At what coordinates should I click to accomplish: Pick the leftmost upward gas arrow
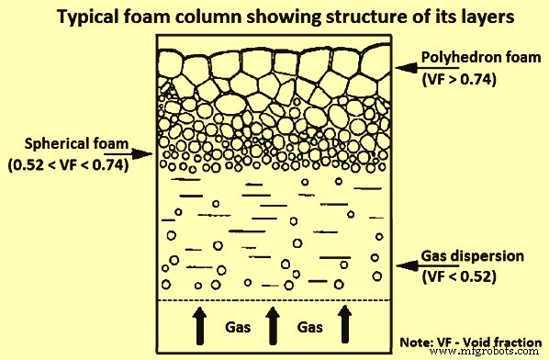pyautogui.click(x=198, y=325)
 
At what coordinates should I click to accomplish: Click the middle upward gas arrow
pyautogui.click(x=272, y=325)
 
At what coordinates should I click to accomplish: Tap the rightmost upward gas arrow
pyautogui.click(x=344, y=325)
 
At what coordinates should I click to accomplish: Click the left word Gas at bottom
pyautogui.click(x=233, y=327)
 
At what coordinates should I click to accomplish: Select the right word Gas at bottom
pyautogui.click(x=308, y=327)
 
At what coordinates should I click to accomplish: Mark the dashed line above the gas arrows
pyautogui.click(x=272, y=301)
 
